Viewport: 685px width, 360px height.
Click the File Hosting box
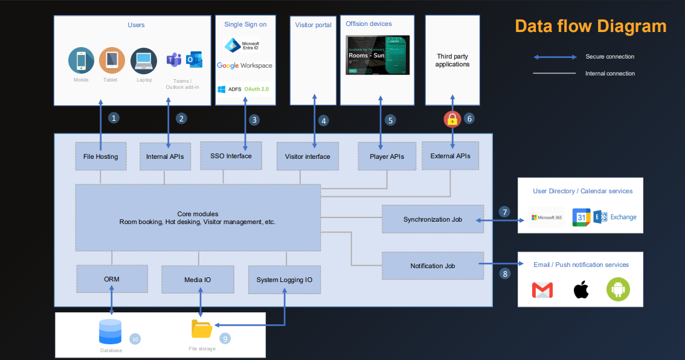[100, 156]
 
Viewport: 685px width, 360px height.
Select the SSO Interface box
[231, 156]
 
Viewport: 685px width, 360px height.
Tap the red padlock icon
[452, 119]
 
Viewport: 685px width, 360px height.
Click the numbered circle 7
[504, 212]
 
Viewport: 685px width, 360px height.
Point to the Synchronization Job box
[433, 219]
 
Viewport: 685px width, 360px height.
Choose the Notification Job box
[433, 266]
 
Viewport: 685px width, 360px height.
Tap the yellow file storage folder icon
[202, 329]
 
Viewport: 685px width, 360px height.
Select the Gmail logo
[542, 291]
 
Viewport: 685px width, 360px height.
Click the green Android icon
[618, 291]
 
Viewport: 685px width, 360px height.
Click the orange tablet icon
[112, 60]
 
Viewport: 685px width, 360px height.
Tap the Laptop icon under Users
[144, 60]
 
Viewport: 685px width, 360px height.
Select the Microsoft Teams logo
[174, 60]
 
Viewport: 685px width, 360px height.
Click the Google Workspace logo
[244, 65]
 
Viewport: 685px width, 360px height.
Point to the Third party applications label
[452, 60]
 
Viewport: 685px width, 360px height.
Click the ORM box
[112, 280]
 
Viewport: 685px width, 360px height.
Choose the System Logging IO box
[284, 280]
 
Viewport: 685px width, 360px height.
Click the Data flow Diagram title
[590, 26]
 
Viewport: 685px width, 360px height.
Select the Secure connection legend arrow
[555, 57]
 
